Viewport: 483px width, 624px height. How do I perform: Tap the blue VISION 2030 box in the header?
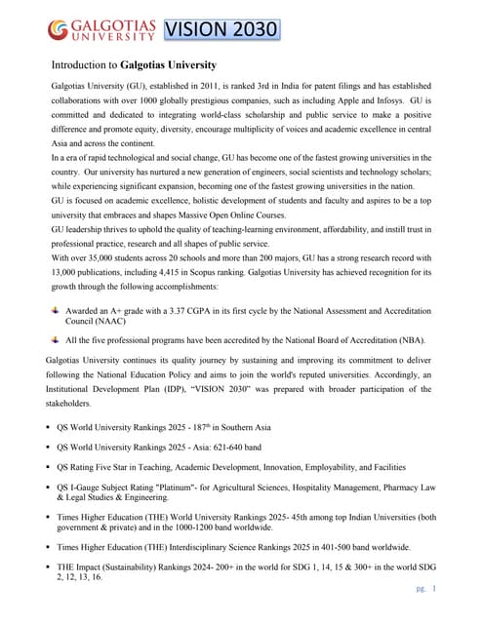pyautogui.click(x=221, y=30)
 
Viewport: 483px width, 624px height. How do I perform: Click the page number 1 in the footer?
pyautogui.click(x=433, y=588)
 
